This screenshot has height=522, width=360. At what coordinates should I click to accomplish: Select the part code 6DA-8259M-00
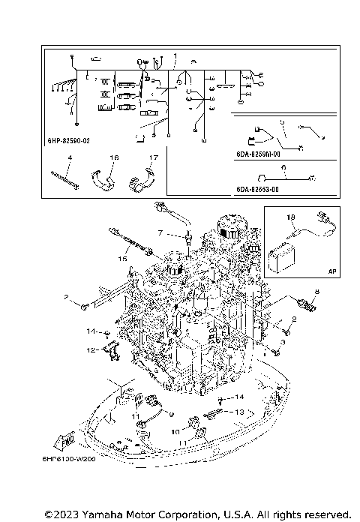256,155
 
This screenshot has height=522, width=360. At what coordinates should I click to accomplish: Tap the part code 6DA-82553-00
256,190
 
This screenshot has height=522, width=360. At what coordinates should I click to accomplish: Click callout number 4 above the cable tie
69,158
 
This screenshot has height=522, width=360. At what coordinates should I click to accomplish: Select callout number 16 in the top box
114,158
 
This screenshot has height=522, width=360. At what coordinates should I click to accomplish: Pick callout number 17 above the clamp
151,158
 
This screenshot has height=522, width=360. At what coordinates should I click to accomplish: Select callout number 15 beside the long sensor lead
120,258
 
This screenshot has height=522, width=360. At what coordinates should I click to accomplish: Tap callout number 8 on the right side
316,290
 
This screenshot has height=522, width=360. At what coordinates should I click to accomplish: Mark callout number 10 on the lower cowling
174,432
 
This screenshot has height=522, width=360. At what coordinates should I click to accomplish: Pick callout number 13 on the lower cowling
240,412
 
